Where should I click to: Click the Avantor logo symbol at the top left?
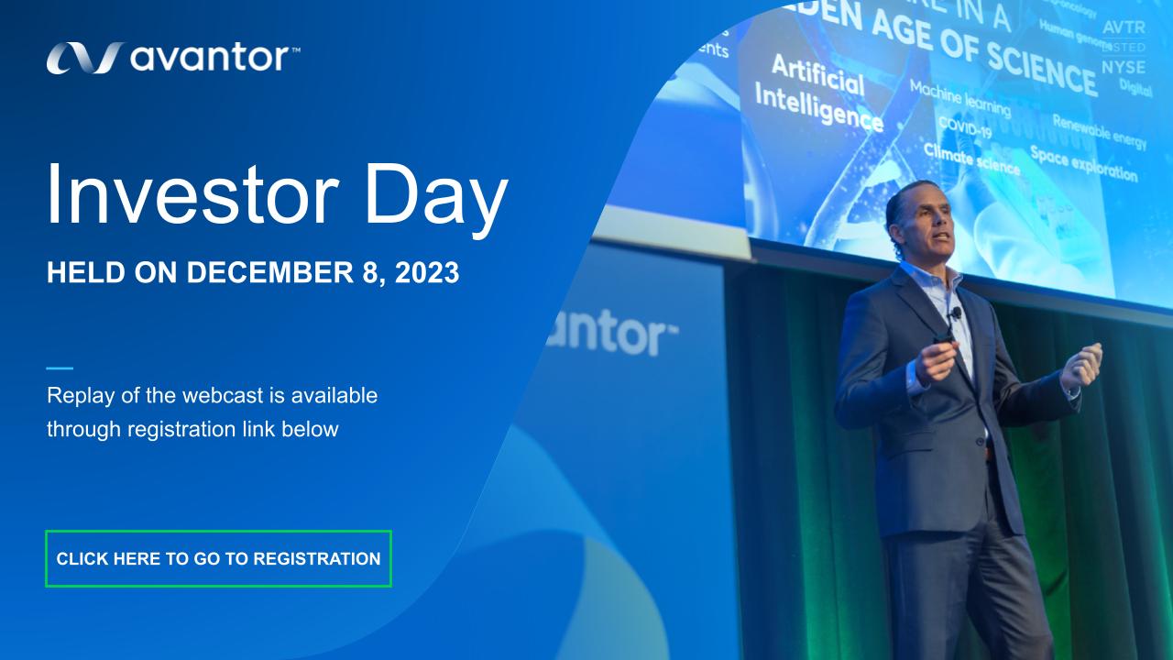tap(82, 58)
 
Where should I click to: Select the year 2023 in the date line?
tap(427, 273)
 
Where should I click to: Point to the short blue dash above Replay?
tap(60, 368)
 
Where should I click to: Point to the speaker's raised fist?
tap(1081, 363)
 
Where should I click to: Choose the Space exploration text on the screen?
tap(1083, 163)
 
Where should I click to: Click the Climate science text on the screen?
tap(970, 159)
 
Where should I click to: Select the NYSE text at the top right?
tap(1123, 67)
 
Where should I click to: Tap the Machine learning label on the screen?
tap(959, 98)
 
